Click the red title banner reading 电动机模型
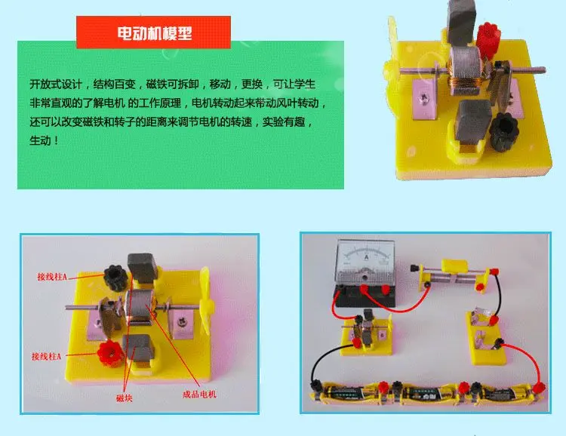coord(153,32)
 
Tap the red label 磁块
coord(125,398)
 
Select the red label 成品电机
coord(200,394)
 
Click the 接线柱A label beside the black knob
coord(52,277)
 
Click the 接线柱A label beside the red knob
coord(46,357)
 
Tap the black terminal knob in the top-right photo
coord(502,129)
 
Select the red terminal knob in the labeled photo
coord(109,353)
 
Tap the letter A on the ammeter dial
coord(366,257)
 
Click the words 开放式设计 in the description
coord(57,84)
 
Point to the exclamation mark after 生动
coord(56,140)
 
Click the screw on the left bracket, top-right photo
coord(424,97)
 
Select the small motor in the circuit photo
coord(367,331)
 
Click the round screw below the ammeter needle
coord(365,277)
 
